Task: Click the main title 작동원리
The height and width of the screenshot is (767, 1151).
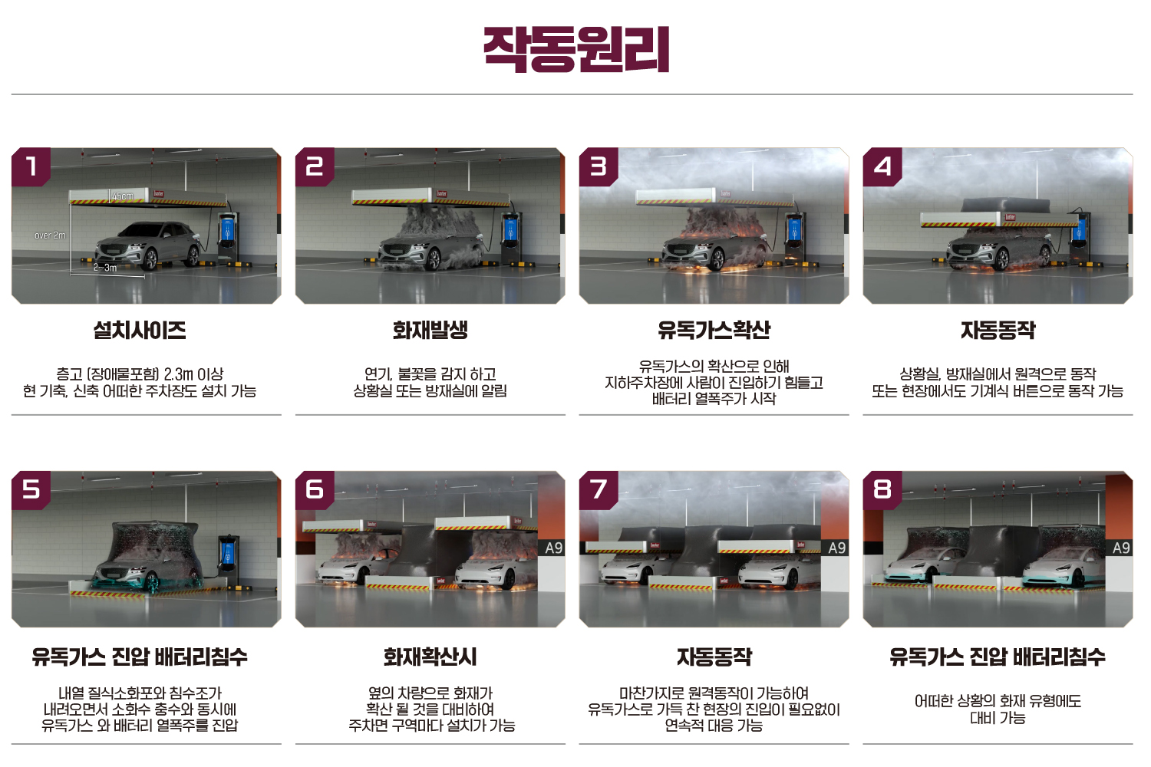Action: click(x=576, y=49)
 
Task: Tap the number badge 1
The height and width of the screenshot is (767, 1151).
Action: click(x=31, y=166)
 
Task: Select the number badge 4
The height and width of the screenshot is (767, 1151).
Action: click(x=882, y=166)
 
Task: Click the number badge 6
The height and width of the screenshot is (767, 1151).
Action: click(x=315, y=489)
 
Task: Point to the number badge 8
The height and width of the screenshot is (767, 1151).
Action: click(x=882, y=489)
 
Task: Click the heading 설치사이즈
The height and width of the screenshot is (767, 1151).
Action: click(x=140, y=330)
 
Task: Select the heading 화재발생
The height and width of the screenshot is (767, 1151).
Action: click(x=430, y=330)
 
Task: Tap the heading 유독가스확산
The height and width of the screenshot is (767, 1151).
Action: click(x=714, y=330)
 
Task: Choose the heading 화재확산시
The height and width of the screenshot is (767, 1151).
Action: click(x=430, y=657)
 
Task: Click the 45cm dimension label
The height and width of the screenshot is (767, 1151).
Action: click(x=122, y=196)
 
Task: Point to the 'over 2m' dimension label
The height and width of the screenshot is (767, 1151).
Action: click(x=50, y=235)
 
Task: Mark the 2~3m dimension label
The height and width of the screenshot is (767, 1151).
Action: click(x=105, y=268)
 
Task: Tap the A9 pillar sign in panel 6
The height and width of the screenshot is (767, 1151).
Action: click(x=553, y=548)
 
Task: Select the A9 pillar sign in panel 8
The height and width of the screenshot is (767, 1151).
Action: click(x=1121, y=548)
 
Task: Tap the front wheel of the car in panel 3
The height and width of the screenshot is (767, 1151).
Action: click(x=714, y=259)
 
